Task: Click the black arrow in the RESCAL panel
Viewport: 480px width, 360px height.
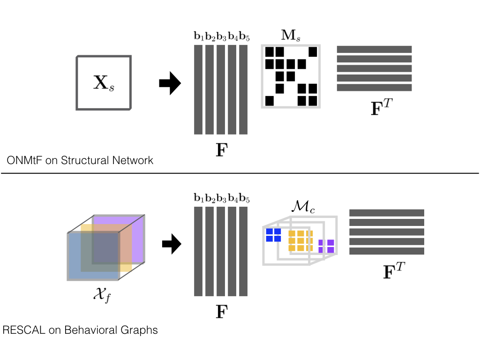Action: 172,244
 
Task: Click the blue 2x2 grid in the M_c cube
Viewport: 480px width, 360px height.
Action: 273,235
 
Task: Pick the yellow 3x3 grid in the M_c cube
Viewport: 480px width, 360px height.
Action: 298,240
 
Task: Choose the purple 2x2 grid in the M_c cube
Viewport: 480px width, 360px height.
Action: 326,246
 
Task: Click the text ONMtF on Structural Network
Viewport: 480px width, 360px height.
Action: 80,160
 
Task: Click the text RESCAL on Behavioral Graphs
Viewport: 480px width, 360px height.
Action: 80,330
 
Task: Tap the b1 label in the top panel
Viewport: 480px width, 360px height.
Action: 199,37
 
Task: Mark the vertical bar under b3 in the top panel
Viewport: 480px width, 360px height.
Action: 221,90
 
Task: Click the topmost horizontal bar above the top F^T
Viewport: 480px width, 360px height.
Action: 374,49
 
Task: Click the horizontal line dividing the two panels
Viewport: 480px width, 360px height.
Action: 240,173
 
